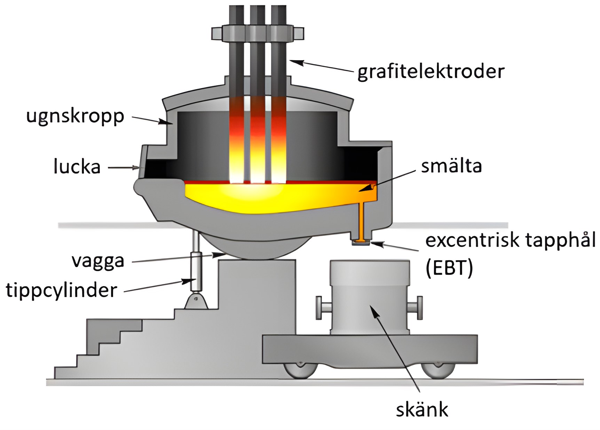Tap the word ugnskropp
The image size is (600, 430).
point(75,116)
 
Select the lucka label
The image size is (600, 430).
point(77,167)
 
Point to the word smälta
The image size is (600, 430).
point(451,166)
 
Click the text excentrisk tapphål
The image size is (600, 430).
point(510,240)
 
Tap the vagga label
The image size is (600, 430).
point(98,261)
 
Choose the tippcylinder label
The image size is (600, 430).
point(61,290)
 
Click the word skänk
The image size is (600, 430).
point(422,410)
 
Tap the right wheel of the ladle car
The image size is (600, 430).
point(437,370)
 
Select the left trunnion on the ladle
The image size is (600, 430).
point(323,308)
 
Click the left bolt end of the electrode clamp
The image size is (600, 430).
point(217,33)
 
